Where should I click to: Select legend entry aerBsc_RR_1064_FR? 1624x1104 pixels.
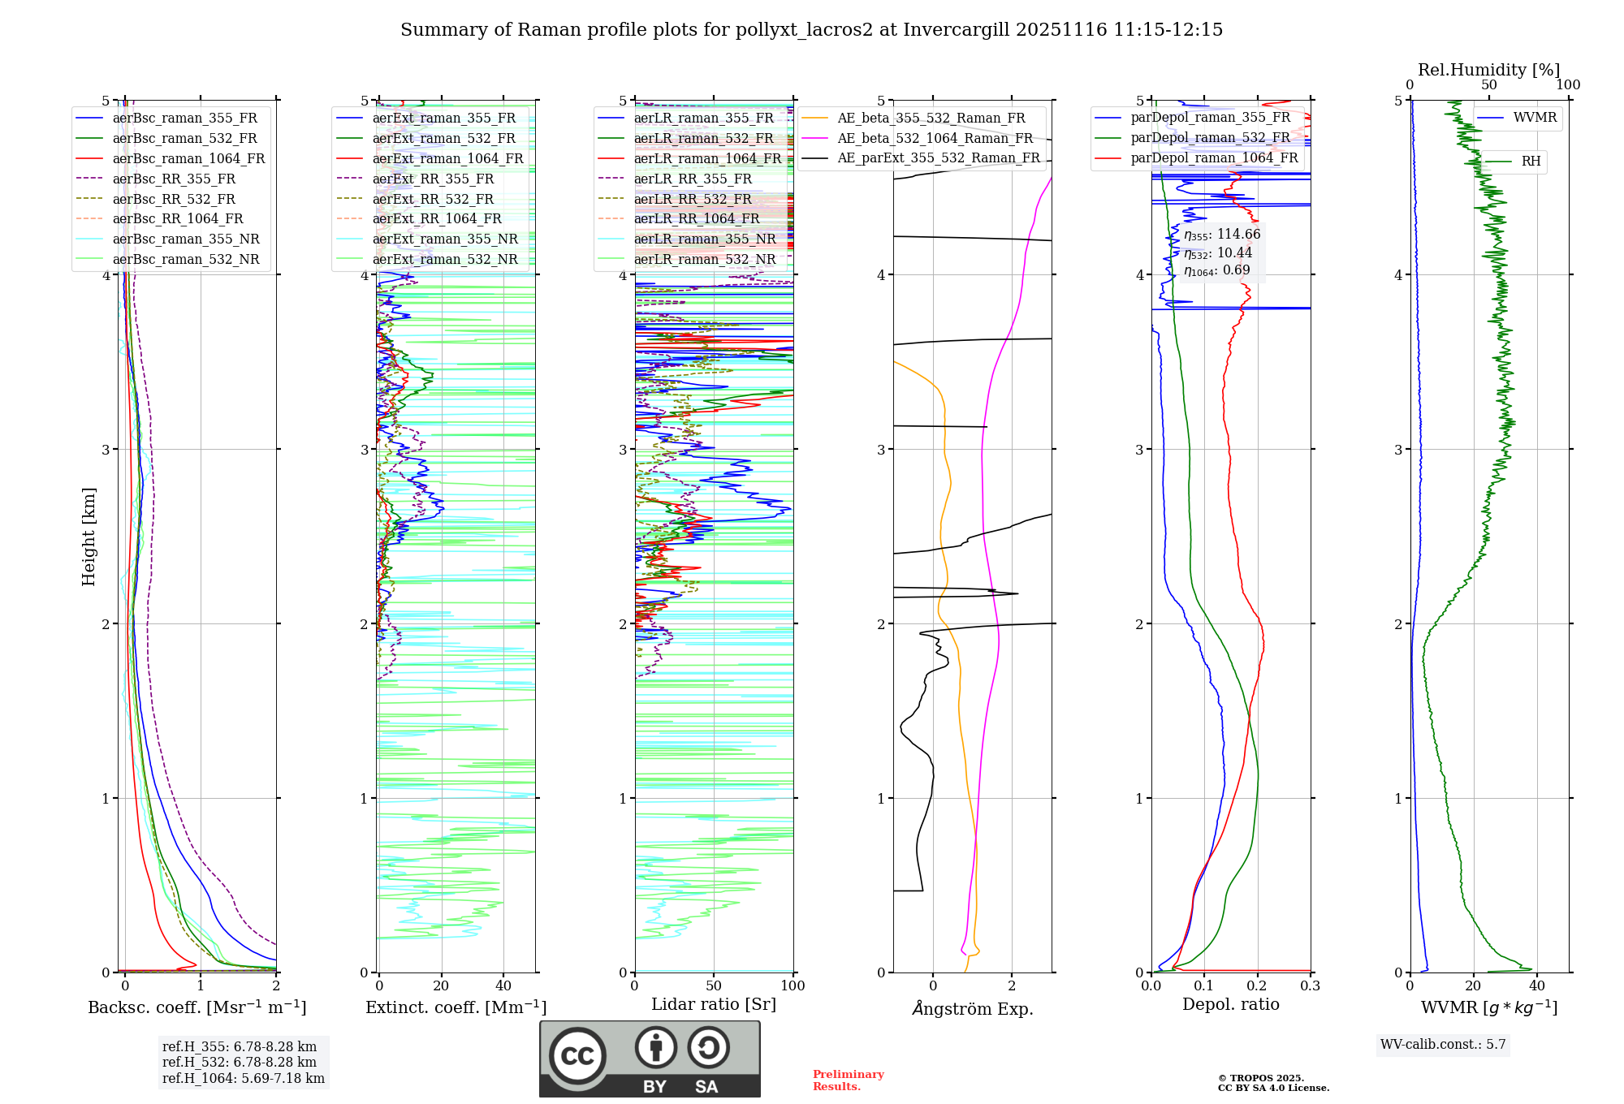pos(177,219)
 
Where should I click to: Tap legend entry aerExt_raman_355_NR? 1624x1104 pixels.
pos(444,239)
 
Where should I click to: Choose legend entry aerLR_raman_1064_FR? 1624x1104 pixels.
pos(707,159)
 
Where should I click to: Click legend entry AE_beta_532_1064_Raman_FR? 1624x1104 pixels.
pos(935,139)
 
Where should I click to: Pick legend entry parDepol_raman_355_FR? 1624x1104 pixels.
pos(1210,118)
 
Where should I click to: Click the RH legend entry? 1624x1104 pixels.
pos(1531,162)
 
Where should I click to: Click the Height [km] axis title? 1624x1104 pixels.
pos(89,537)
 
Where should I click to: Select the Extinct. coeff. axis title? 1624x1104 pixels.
pos(456,1007)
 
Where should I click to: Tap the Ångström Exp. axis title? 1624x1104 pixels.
pos(972,1009)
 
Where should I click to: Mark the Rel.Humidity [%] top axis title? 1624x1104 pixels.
pos(1488,70)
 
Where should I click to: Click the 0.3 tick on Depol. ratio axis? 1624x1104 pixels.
pos(1310,986)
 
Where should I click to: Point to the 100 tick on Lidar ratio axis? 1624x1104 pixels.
pos(793,986)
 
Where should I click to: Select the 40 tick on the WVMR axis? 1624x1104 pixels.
pos(1536,986)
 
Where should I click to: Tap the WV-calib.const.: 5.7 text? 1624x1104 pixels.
pos(1443,1045)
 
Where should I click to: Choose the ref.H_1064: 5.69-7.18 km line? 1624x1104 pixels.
pos(243,1079)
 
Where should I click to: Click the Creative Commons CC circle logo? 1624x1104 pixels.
pos(577,1056)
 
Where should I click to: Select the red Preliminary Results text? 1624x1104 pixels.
pos(848,1080)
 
